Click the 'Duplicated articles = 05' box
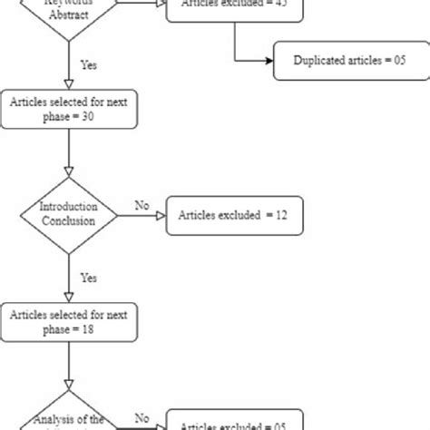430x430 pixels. click(348, 61)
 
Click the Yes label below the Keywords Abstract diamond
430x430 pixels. click(89, 65)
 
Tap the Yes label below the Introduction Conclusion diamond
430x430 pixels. click(89, 277)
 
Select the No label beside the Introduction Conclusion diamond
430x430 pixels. click(141, 205)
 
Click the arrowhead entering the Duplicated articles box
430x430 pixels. click(269, 61)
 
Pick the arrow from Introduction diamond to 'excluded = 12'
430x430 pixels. click(141, 216)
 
